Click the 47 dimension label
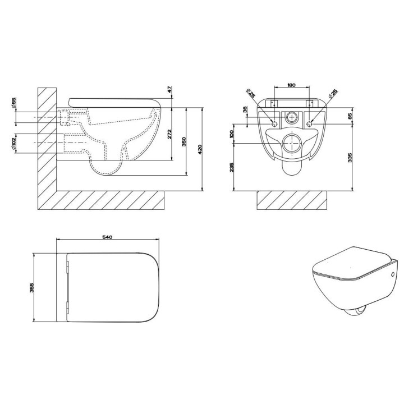tap(168, 90)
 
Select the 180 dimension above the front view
tap(291, 85)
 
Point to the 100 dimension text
tap(232, 135)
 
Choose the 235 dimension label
tap(232, 168)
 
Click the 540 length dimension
tap(107, 237)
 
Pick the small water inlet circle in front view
tap(292, 118)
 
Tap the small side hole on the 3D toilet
tap(391, 277)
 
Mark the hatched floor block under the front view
tap(292, 199)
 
